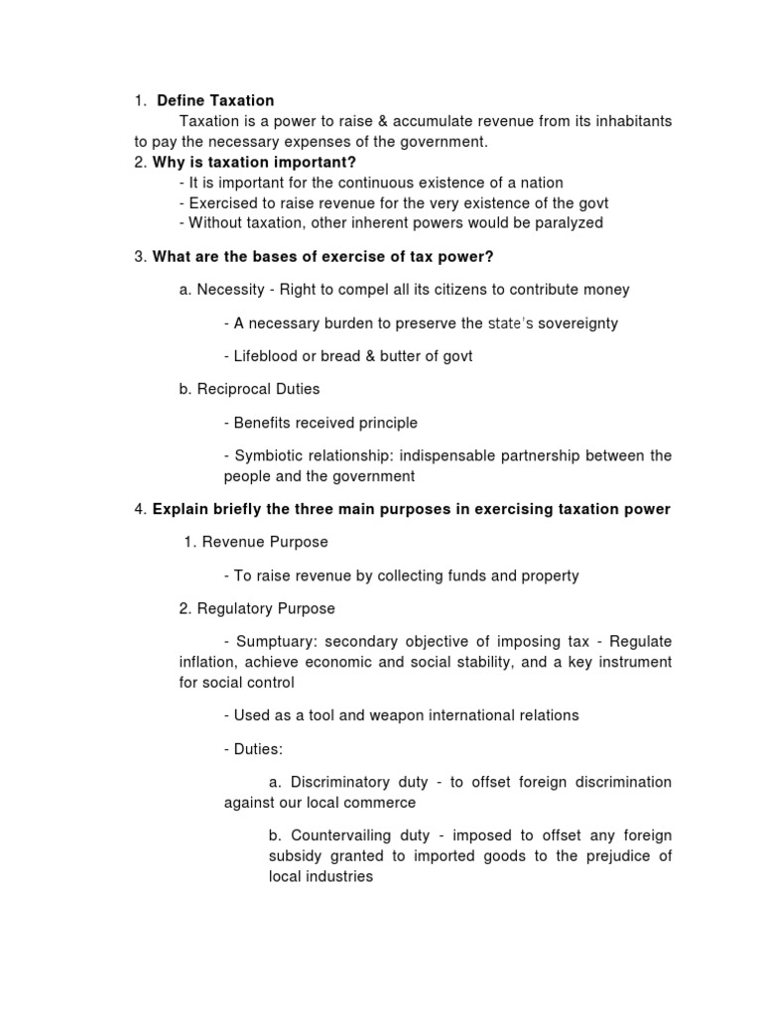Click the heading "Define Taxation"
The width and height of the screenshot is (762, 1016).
click(x=215, y=100)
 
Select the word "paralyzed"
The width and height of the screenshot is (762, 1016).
click(x=568, y=223)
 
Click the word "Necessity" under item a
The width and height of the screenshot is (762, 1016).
click(x=231, y=290)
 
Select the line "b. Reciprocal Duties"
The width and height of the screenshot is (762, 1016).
click(x=249, y=390)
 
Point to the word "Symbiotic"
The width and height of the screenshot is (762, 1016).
click(x=268, y=455)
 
